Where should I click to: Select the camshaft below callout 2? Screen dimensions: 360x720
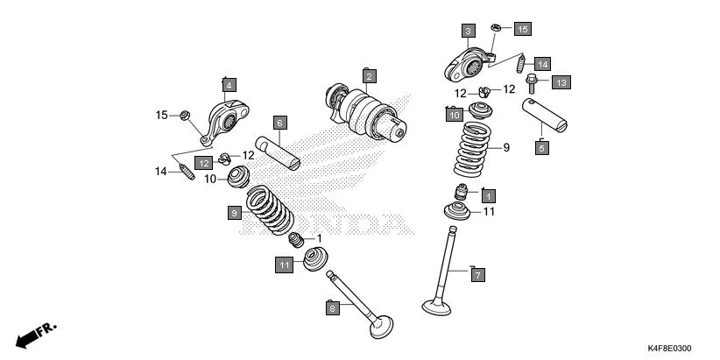pyautogui.click(x=368, y=114)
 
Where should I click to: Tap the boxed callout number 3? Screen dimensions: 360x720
pyautogui.click(x=469, y=32)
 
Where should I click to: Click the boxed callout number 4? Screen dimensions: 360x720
pyautogui.click(x=229, y=85)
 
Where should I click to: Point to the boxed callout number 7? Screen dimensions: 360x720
pyautogui.click(x=477, y=274)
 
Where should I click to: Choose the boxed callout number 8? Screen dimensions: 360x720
pyautogui.click(x=332, y=307)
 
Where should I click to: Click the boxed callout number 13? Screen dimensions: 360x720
pyautogui.click(x=561, y=81)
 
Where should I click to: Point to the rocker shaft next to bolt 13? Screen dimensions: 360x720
pyautogui.click(x=545, y=115)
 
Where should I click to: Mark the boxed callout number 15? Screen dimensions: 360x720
pyautogui.click(x=521, y=29)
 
